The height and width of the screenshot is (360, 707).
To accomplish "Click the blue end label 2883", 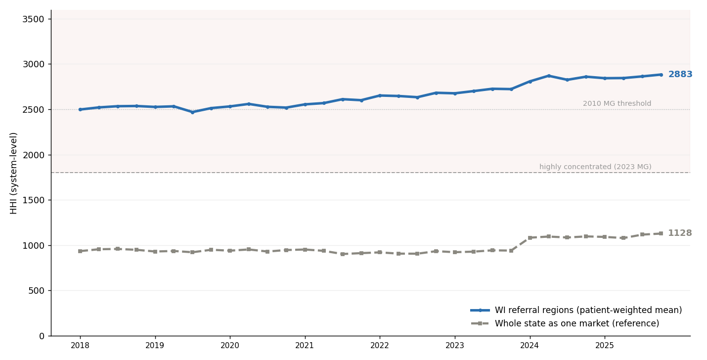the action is (680, 74).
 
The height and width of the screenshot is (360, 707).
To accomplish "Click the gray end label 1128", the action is (680, 233).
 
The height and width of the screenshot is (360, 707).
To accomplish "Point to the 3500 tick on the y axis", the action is (33, 19).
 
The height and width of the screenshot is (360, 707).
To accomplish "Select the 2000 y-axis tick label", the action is (33, 155).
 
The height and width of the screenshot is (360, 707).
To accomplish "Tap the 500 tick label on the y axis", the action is (36, 291).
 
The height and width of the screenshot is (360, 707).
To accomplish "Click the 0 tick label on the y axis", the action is (42, 336).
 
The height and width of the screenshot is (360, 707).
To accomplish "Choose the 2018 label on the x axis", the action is (80, 346).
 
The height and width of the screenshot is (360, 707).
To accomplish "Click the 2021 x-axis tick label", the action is (305, 346).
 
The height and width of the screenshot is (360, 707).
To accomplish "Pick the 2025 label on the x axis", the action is (605, 346).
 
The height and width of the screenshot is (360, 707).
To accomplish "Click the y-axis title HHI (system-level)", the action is (13, 174).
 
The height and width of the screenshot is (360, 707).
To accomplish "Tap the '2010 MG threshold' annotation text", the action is (617, 103).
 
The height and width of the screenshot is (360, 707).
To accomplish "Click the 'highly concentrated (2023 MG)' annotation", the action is (595, 167).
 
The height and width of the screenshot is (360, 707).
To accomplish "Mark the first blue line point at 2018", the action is (80, 110).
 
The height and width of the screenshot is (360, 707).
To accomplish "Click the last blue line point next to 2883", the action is (661, 75).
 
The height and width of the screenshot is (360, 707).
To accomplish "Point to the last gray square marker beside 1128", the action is (661, 234).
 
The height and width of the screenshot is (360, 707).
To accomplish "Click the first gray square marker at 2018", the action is (80, 251).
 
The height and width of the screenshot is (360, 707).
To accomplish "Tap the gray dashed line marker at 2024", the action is (530, 238).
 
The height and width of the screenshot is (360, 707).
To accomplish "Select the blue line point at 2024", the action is (530, 82).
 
